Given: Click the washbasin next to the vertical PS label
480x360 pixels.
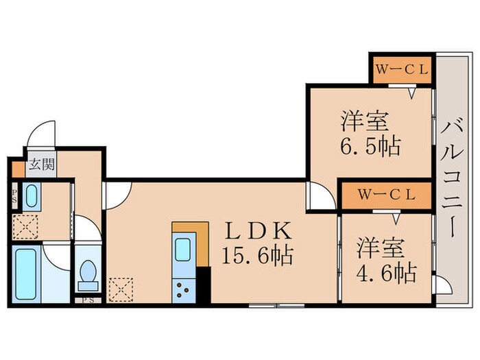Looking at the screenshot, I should point(30,197).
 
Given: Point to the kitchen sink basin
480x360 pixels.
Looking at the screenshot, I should point(184,251).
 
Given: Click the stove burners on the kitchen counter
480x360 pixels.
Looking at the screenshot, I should point(184,289).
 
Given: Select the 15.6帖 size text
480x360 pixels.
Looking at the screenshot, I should point(256,256).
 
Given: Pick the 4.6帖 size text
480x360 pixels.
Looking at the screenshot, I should point(386,273).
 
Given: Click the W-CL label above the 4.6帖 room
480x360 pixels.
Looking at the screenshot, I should point(386,194).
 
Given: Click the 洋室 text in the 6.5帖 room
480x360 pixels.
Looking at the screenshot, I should point(366,122).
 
